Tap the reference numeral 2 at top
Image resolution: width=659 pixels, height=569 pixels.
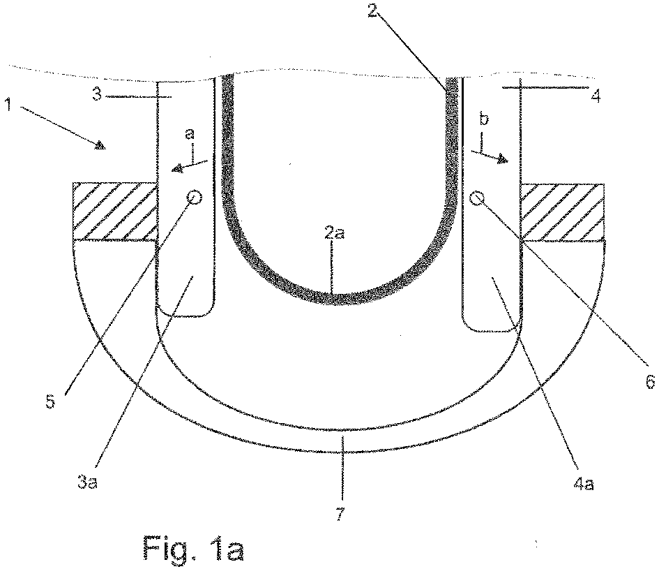click(x=372, y=9)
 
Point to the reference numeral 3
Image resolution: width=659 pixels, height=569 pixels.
click(x=98, y=94)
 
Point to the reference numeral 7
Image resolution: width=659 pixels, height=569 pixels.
click(x=341, y=515)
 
